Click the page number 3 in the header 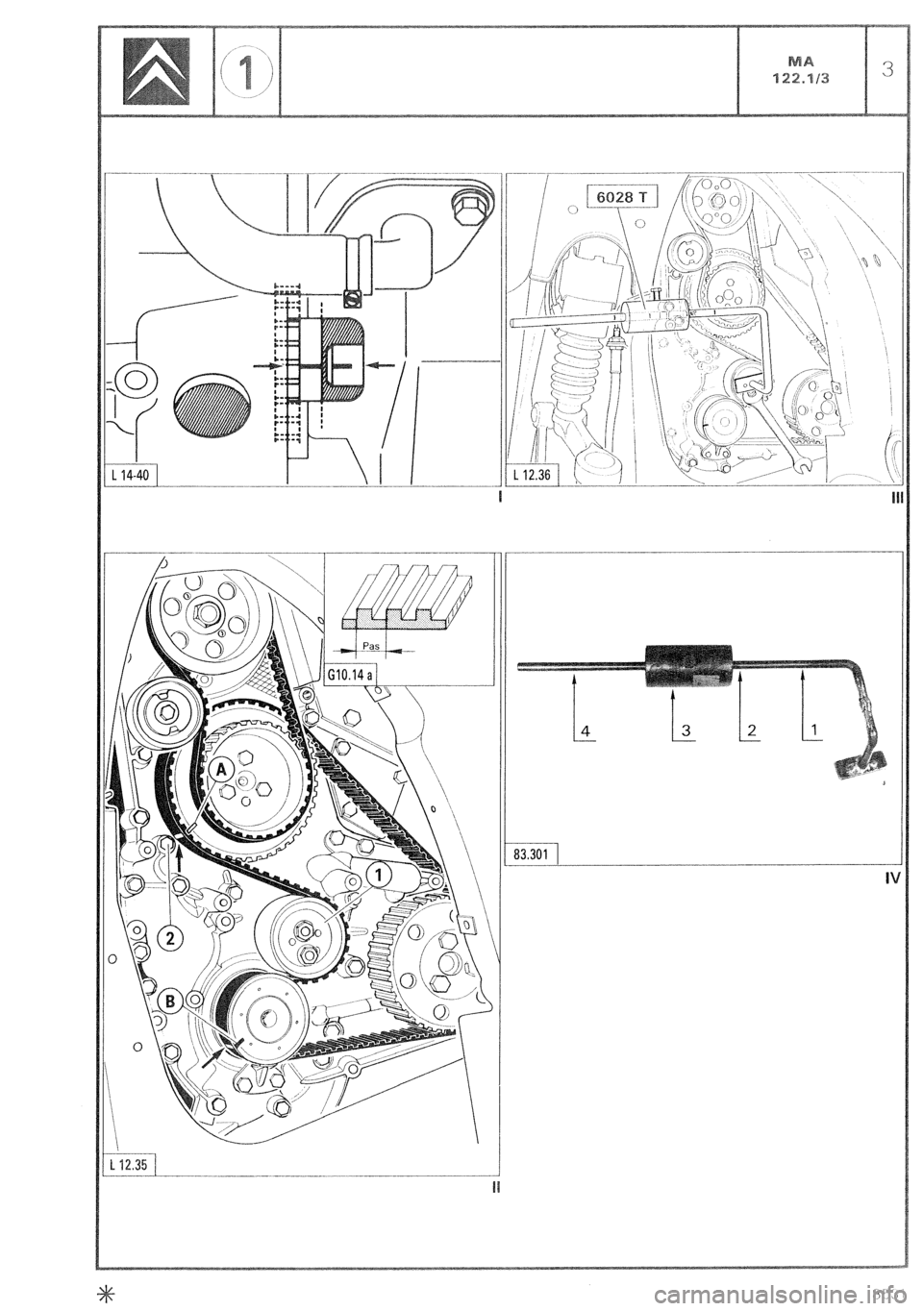pos(887,69)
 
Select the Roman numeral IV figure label pos(891,878)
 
